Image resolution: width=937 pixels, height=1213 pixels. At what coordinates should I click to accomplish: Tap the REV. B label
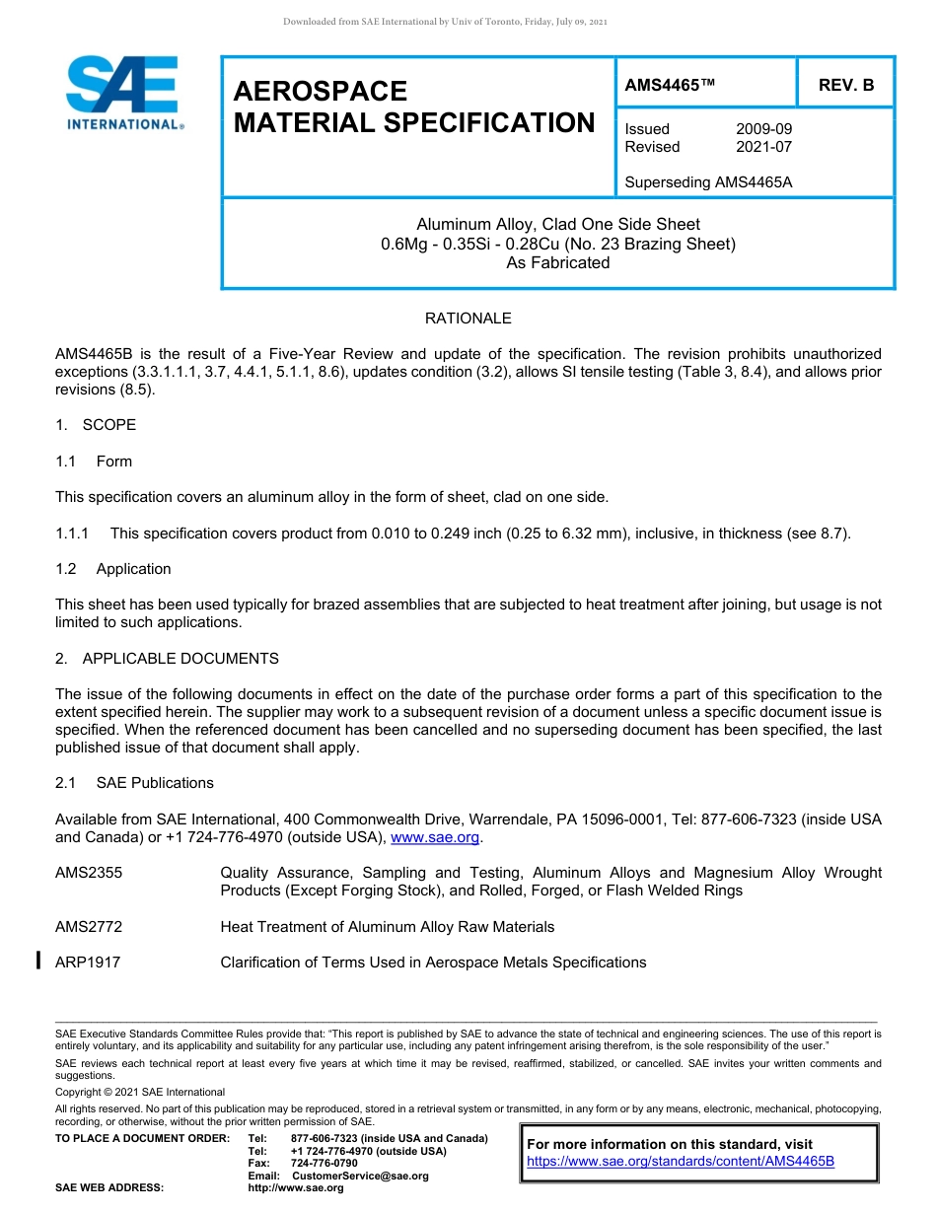pos(845,86)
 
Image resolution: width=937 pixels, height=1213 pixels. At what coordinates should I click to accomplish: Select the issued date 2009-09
pos(763,129)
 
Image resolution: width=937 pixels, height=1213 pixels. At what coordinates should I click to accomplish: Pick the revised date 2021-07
pos(763,147)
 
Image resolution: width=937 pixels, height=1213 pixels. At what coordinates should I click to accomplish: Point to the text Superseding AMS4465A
pos(708,182)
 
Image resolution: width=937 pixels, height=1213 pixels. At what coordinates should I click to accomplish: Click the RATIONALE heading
pos(468,319)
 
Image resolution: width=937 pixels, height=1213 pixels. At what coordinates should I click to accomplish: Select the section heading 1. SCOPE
pos(96,425)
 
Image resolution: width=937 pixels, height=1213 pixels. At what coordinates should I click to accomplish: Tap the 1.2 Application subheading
pos(113,569)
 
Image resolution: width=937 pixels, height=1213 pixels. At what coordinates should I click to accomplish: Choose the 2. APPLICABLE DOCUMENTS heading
pos(167,659)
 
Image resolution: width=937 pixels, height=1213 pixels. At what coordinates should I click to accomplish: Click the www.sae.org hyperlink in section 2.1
pos(435,838)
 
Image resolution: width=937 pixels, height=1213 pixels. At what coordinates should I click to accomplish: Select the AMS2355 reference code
pos(89,873)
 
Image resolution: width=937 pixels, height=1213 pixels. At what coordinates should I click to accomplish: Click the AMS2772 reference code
pos(89,927)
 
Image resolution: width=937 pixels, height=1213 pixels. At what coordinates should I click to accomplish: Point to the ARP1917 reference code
pos(88,963)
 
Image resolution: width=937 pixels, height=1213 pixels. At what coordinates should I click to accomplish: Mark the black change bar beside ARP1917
pos(38,960)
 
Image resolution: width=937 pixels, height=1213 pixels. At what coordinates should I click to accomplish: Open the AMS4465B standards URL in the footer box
pos(681,1162)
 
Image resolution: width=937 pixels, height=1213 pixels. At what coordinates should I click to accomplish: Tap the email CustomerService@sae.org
pos(360,1177)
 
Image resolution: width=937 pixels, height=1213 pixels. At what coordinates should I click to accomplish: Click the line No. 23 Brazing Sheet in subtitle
pos(557,244)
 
